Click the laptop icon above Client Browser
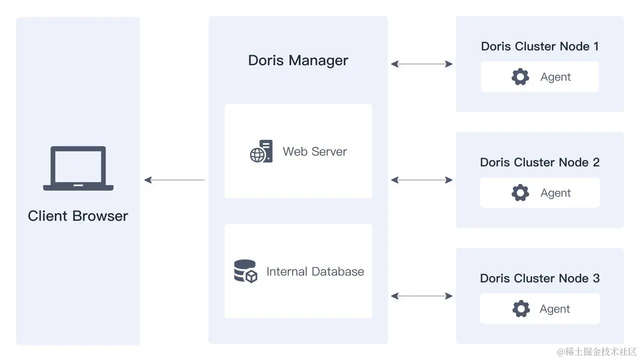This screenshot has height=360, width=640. [78, 168]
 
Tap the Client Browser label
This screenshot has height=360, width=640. [78, 216]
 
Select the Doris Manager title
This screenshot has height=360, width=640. [298, 60]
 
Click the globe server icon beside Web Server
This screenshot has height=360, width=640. [261, 151]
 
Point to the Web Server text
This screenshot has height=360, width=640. [314, 151]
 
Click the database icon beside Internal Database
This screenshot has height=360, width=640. [245, 271]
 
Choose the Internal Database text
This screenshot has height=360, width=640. [315, 271]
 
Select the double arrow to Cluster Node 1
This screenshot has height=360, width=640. [421, 64]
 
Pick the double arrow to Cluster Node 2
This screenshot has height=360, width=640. [421, 180]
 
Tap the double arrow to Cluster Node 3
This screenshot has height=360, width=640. [421, 296]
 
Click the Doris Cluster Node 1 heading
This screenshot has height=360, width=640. [539, 46]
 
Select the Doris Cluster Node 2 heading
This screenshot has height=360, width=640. [539, 162]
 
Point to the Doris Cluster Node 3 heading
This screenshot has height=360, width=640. [539, 278]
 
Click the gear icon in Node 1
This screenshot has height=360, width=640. [520, 77]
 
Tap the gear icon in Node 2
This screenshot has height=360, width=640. [520, 193]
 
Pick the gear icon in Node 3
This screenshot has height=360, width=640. [521, 309]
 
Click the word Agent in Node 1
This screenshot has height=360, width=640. [555, 77]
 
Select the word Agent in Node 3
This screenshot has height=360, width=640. [554, 309]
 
